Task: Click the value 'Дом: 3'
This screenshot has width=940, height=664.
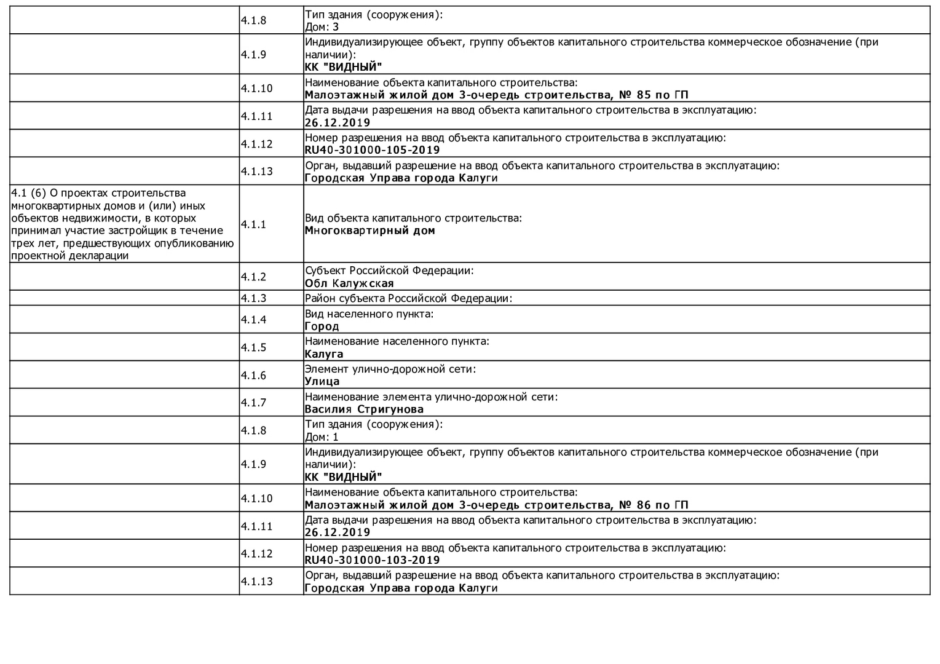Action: tap(322, 27)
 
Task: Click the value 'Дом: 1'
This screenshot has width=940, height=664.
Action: tap(322, 437)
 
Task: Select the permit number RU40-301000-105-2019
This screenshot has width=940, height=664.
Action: tap(372, 150)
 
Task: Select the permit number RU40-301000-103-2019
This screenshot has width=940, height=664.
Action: tap(372, 560)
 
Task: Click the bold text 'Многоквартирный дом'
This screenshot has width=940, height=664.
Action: tap(369, 231)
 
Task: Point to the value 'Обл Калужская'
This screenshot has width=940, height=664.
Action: tap(349, 283)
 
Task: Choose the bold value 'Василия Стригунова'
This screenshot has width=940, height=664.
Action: tap(364, 409)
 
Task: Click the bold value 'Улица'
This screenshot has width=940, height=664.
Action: tap(322, 381)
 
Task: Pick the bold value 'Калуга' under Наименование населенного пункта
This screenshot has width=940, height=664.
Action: tap(324, 354)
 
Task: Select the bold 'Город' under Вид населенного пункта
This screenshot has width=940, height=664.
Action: tap(322, 326)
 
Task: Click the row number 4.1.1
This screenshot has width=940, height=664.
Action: tap(253, 224)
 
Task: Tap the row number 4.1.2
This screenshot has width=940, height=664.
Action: tap(253, 277)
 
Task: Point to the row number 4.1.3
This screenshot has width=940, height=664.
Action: tap(253, 298)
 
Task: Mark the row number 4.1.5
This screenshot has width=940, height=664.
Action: tap(253, 347)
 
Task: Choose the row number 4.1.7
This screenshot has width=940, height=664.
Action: tap(253, 403)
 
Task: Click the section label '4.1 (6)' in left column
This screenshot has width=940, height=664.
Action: tap(28, 193)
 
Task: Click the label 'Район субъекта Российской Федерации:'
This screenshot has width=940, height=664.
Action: tap(408, 298)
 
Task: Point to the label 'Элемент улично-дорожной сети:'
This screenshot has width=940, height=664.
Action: tap(390, 369)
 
